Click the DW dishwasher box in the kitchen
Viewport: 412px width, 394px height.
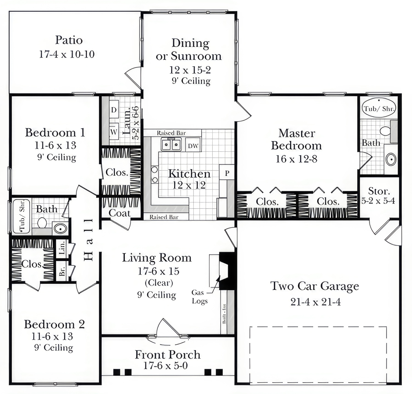(x=193, y=146)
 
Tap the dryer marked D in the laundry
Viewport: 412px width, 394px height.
(x=114, y=110)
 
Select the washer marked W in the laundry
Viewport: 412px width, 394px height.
(x=114, y=132)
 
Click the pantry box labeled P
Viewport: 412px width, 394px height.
(x=227, y=173)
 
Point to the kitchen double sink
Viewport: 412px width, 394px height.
(x=171, y=144)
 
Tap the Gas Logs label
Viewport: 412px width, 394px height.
(x=199, y=297)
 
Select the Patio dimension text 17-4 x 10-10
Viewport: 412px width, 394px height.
(x=67, y=54)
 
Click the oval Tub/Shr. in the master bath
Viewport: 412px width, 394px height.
(x=379, y=108)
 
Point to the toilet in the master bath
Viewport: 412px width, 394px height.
(x=385, y=131)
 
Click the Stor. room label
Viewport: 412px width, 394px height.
(x=379, y=191)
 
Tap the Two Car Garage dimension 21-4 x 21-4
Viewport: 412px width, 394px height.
(x=316, y=302)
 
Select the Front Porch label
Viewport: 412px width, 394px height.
(x=168, y=354)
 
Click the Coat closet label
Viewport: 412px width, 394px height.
(x=119, y=213)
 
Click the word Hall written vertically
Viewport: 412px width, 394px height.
(x=89, y=239)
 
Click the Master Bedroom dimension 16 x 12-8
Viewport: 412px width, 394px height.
(x=296, y=159)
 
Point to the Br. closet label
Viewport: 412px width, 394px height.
(x=62, y=271)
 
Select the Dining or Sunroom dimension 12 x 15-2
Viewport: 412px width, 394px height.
(x=190, y=70)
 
